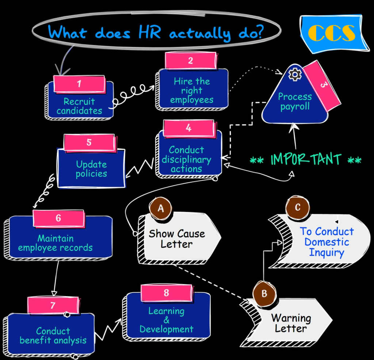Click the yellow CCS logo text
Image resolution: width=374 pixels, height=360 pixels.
coord(332,33)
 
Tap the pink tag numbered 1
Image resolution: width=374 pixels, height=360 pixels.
coord(79,84)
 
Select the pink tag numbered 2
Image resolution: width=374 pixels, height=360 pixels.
coord(190,61)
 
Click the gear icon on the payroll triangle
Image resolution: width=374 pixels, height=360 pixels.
coord(295,74)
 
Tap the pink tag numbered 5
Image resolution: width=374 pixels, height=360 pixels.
coord(89,142)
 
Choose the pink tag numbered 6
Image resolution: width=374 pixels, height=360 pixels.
coord(58,218)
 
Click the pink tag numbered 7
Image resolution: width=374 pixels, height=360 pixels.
coord(53,305)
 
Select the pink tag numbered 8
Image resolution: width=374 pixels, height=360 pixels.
coord(167,293)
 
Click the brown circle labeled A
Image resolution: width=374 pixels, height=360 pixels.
coord(160,208)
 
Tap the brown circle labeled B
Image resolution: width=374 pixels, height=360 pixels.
coord(264,293)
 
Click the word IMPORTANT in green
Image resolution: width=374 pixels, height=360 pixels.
coord(306,160)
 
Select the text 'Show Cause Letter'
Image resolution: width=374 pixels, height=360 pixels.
coord(177,238)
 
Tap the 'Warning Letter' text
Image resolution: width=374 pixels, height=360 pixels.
coord(291,323)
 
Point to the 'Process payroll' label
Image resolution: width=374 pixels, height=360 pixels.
coord(295,102)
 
